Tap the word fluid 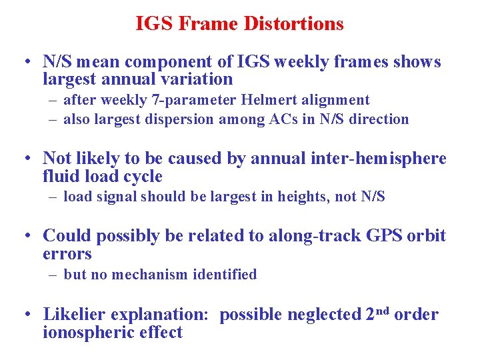[x=61, y=177]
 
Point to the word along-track [x=303, y=236]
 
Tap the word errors [x=67, y=254]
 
